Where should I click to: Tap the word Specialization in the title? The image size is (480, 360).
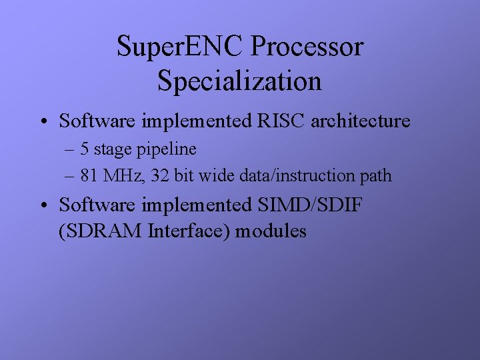[x=240, y=81]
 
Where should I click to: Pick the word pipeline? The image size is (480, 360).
[x=169, y=149]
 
